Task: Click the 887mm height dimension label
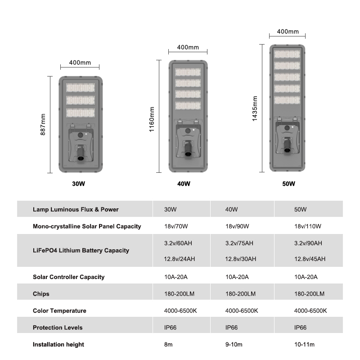pyautogui.click(x=43, y=125)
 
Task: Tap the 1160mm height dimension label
pyautogui.click(x=152, y=119)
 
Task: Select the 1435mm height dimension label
pyautogui.click(x=255, y=108)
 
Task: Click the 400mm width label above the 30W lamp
pyautogui.click(x=80, y=63)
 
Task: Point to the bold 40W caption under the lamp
pyautogui.click(x=184, y=184)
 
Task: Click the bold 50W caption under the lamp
pyautogui.click(x=288, y=184)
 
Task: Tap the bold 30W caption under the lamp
pyautogui.click(x=78, y=184)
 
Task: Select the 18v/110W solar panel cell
pyautogui.click(x=308, y=226)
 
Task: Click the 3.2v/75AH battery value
pyautogui.click(x=239, y=243)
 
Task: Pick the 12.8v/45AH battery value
pyautogui.click(x=310, y=259)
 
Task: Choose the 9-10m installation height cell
pyautogui.click(x=234, y=344)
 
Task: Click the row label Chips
pyautogui.click(x=41, y=294)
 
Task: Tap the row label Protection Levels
pyautogui.click(x=58, y=328)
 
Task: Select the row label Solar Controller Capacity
pyautogui.click(x=69, y=277)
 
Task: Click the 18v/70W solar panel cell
pyautogui.click(x=176, y=226)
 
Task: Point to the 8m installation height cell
pyautogui.click(x=168, y=344)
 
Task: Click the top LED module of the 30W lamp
pyautogui.click(x=81, y=88)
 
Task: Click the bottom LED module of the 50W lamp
pyautogui.click(x=287, y=100)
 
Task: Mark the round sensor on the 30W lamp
pyautogui.click(x=80, y=135)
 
